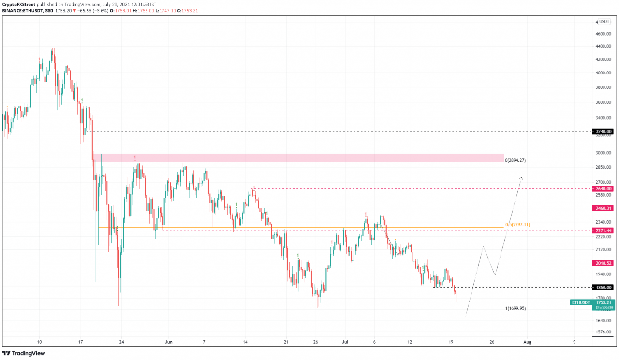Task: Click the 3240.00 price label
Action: click(603, 131)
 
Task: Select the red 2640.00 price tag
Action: click(603, 188)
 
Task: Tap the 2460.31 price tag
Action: click(603, 208)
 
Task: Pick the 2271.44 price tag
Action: click(603, 230)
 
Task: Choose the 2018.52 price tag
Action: click(603, 263)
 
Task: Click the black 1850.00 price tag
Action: click(603, 288)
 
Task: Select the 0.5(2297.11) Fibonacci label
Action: click(517, 225)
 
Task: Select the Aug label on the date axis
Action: click(527, 342)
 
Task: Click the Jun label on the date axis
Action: click(168, 342)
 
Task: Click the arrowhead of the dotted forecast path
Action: click(521, 178)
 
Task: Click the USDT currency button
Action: click(604, 21)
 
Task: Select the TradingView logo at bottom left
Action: click(24, 353)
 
